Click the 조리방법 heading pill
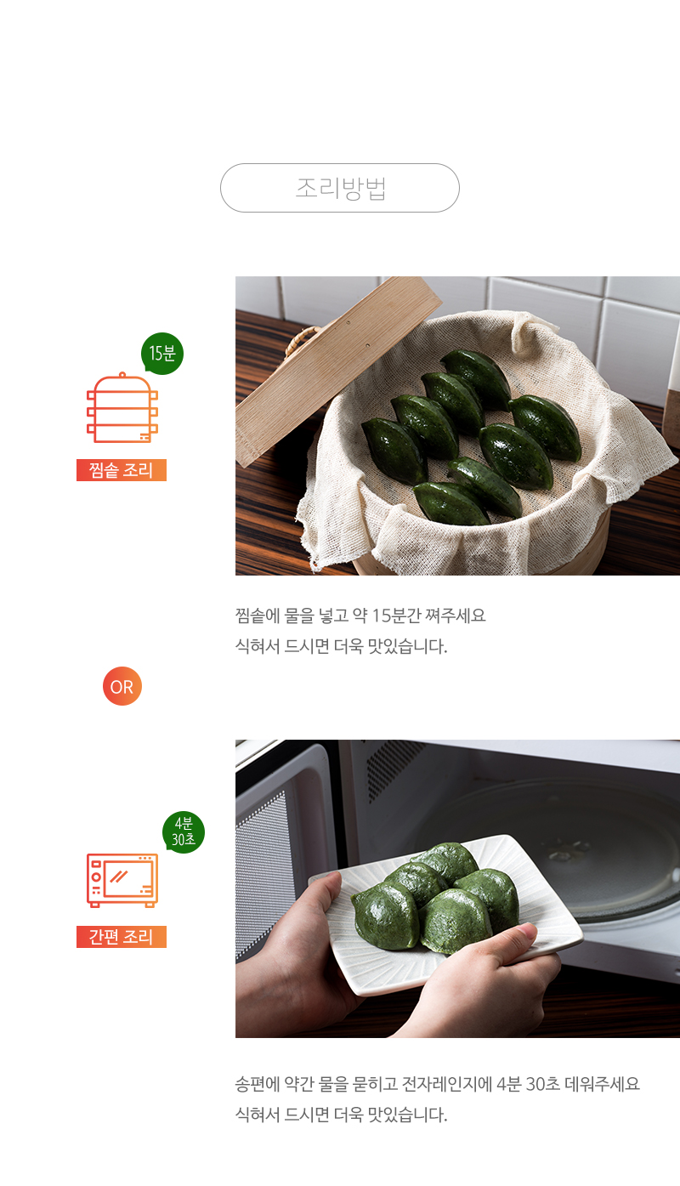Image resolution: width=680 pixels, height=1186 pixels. click(340, 188)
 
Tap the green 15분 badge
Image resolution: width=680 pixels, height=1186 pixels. click(162, 354)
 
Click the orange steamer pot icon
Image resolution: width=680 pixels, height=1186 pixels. click(122, 408)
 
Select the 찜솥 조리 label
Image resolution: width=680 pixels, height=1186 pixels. click(122, 470)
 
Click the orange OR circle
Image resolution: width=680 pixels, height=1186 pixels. click(122, 686)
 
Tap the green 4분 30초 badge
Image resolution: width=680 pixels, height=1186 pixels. click(183, 831)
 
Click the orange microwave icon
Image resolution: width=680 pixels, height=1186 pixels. click(122, 880)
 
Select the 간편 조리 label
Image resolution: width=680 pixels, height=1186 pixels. click(122, 937)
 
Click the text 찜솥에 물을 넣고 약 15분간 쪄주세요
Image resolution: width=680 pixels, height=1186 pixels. click(360, 616)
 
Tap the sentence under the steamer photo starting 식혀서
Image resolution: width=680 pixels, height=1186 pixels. click(342, 646)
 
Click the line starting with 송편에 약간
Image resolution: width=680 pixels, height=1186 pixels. click(438, 1084)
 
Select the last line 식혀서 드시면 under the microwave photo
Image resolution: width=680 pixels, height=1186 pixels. click(342, 1115)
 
